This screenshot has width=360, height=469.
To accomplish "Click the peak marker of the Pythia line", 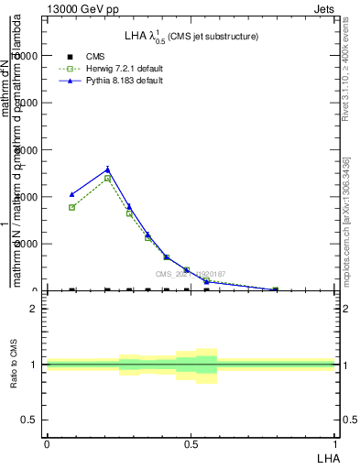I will coord(108,169).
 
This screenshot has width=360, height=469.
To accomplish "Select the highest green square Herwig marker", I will coord(108,178).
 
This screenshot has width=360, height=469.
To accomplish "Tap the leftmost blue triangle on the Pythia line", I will coord(72,194).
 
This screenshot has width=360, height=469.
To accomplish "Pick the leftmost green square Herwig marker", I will coord(72,208).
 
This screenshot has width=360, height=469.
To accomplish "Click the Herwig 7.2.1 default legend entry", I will coord(125,69).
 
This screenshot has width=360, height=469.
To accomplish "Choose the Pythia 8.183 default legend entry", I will coord(125,81).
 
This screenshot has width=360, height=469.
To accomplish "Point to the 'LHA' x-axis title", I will coord(326,455).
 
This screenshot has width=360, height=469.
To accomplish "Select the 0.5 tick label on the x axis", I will coord(190,443).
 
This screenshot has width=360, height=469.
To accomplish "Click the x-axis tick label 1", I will coord(335,443).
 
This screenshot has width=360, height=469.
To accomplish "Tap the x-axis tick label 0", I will coord(46,443).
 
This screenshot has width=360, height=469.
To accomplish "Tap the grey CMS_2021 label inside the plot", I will coord(191,273).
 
